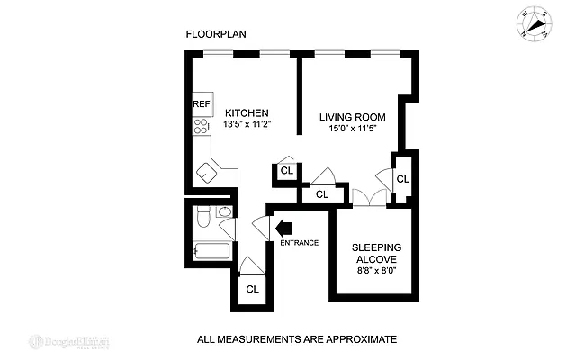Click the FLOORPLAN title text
[216, 34]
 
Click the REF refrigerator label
[201, 104]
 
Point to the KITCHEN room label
[247, 112]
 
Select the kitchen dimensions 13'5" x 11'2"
[247, 125]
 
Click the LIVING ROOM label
[352, 116]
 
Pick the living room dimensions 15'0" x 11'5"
[352, 129]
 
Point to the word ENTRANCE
[299, 242]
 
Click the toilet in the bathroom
[202, 217]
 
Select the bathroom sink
[225, 212]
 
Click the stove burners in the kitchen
[201, 126]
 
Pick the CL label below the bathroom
[253, 289]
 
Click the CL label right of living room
[402, 179]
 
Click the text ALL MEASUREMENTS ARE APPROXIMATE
[297, 340]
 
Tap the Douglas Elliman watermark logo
[76, 341]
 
